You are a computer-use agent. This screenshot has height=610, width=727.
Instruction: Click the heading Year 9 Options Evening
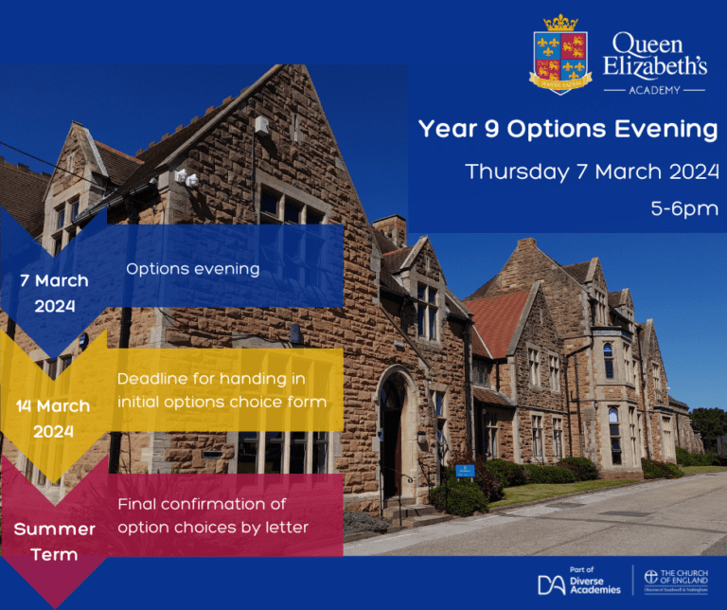[x=568, y=130]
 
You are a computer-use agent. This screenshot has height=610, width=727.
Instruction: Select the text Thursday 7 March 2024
[x=592, y=172]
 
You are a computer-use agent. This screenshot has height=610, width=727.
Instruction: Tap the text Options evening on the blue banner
[x=192, y=269]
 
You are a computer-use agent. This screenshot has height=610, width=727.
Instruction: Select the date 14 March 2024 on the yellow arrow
[x=53, y=419]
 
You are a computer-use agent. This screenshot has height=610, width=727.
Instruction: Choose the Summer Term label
[x=54, y=542]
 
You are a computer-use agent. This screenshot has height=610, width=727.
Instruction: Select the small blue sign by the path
[x=464, y=470]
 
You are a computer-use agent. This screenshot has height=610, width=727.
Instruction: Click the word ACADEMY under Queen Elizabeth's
[x=653, y=90]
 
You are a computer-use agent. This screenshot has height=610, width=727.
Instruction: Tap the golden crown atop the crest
[x=560, y=23]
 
